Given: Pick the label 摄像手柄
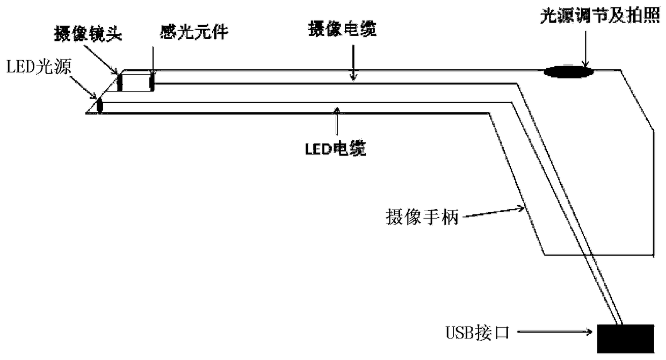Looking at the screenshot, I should (x=422, y=218).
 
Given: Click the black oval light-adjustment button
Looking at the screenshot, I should (x=568, y=71).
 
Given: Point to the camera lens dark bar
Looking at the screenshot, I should (x=120, y=82).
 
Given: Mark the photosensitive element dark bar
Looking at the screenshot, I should (x=153, y=82).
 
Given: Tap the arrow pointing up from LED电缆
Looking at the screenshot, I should (x=336, y=124).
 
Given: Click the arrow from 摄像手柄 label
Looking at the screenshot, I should (x=494, y=212).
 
